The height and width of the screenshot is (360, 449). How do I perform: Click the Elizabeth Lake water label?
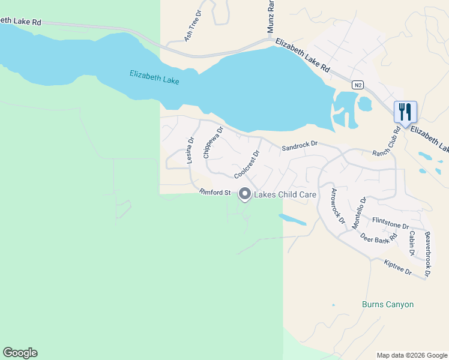point(155,77)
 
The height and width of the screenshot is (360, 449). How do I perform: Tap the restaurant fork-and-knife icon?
point(405,112)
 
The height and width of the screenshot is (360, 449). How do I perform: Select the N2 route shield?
point(358,85)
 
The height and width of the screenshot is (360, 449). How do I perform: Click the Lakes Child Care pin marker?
point(245,194)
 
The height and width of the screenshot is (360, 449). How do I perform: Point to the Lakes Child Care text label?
point(286,195)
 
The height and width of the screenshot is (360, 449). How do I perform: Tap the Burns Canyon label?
point(388,304)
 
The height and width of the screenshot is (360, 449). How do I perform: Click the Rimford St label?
point(215,193)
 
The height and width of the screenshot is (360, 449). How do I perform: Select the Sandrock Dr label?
point(299,146)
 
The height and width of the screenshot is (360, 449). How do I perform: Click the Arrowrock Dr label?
point(338,206)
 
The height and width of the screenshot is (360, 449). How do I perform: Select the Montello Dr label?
point(359,212)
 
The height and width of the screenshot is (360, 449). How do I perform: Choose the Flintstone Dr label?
point(390,224)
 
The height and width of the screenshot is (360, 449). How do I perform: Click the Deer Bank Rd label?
point(379,237)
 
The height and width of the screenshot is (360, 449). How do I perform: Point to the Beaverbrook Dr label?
point(427,254)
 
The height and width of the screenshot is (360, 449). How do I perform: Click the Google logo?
point(20,353)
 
